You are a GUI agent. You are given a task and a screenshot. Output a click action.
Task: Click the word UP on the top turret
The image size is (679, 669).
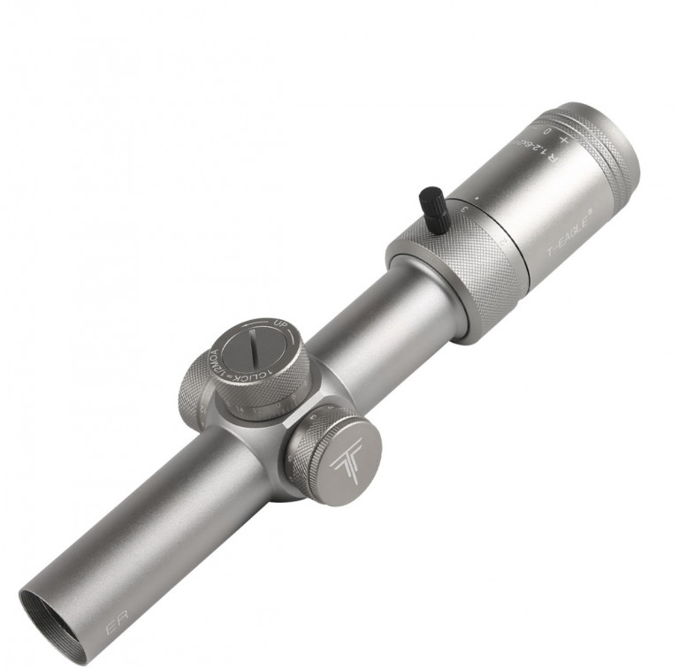click(x=281, y=324)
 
